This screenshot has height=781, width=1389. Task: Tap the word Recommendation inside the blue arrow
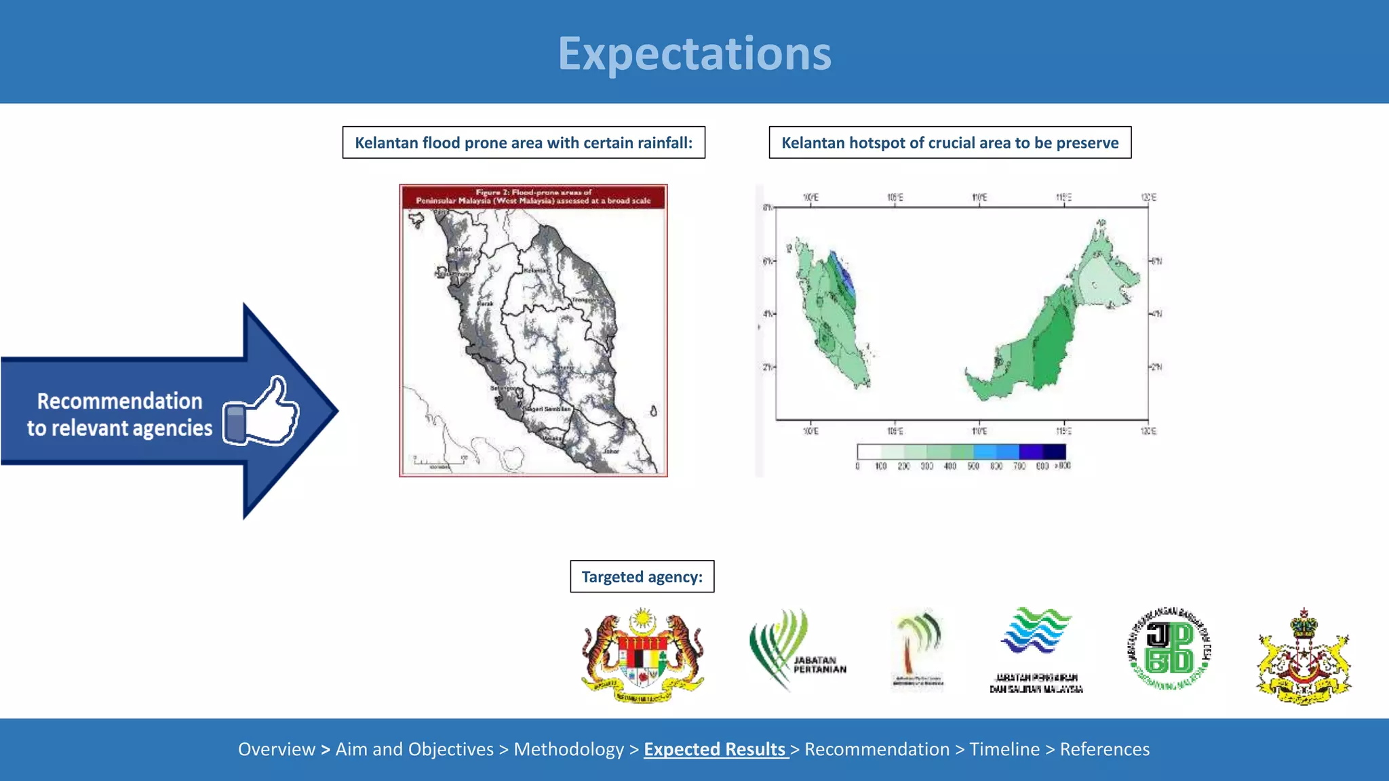point(119,401)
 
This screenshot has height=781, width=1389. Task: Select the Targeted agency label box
point(642,576)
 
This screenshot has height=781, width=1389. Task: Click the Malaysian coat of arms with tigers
point(643,656)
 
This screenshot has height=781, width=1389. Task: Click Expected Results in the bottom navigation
point(716,749)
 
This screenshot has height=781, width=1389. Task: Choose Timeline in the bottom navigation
point(1004,749)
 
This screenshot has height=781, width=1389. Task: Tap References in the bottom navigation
point(1104,749)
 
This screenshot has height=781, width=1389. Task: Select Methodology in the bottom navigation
point(568,749)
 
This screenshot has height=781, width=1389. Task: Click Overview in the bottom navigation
point(276,749)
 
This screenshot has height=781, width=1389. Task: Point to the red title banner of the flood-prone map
point(533,197)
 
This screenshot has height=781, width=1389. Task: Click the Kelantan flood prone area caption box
point(524,142)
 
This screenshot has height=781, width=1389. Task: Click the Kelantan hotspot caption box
point(950,142)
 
